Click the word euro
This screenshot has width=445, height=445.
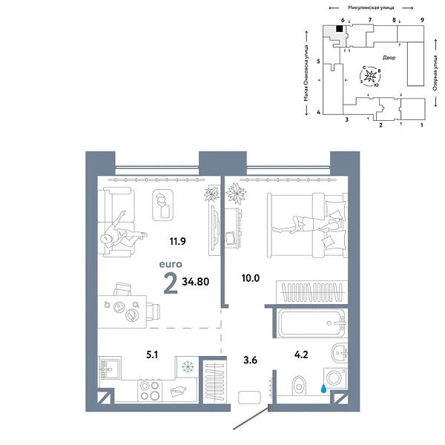(171, 263)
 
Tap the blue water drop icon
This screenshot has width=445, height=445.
(324, 386)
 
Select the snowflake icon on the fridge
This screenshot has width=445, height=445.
(187, 367)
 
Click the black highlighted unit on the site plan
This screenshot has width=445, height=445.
(340, 29)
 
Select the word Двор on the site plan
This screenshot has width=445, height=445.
(391, 57)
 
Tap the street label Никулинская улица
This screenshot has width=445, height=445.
(368, 5)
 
